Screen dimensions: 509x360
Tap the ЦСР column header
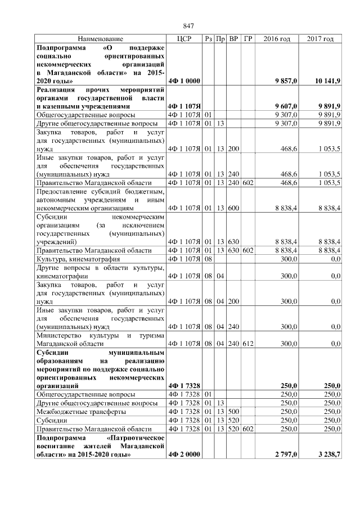click(184, 39)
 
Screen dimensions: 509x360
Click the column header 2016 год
click(277, 39)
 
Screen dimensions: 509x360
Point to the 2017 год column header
click(320, 39)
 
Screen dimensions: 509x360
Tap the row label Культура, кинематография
click(74, 258)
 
